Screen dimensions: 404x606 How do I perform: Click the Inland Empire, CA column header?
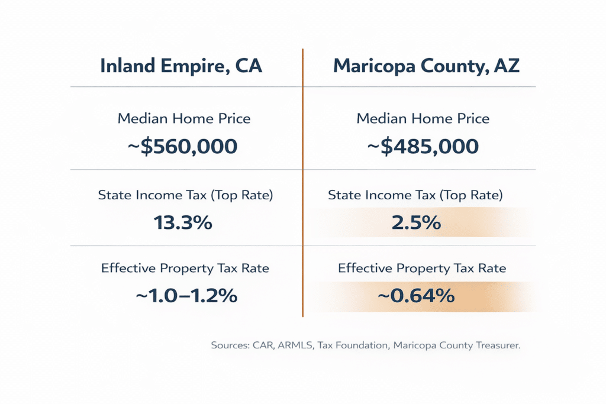(x=181, y=66)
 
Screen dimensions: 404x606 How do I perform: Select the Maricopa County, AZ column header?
(x=426, y=66)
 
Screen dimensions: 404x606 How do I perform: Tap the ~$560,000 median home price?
(x=183, y=146)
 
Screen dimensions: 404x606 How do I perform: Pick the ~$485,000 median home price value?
(x=423, y=146)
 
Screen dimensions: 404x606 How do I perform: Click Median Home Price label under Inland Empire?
(x=184, y=118)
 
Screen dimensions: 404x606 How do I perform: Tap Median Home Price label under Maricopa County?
(x=423, y=118)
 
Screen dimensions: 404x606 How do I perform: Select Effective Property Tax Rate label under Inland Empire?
(x=185, y=268)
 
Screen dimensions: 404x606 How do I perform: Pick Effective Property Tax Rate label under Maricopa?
(x=422, y=268)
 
